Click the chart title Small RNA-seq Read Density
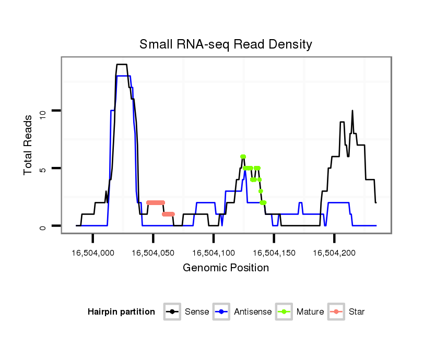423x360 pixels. click(226, 45)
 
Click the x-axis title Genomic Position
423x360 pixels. click(226, 268)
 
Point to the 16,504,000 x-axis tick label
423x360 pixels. click(93, 253)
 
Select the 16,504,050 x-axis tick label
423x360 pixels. click(153, 253)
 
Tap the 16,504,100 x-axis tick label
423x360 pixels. click(214, 253)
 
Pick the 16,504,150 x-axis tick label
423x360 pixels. click(274, 253)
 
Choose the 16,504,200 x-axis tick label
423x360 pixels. click(334, 253)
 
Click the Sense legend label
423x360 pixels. click(197, 312)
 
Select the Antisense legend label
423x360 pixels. click(253, 312)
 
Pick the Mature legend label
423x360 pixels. click(310, 312)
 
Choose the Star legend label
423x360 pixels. click(357, 312)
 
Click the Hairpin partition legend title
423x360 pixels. click(121, 312)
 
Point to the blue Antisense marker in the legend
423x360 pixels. click(221, 312)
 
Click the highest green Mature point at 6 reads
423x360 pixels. click(243, 157)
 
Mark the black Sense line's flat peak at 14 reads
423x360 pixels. click(121, 65)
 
